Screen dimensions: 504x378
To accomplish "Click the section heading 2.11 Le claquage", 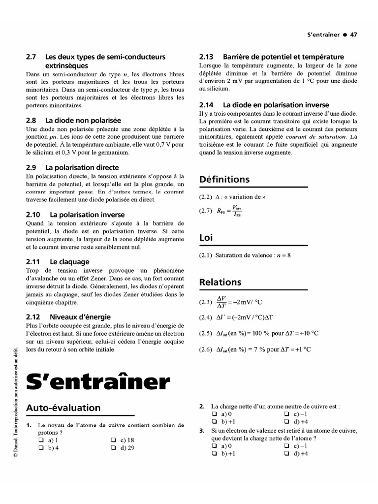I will pos(58,262).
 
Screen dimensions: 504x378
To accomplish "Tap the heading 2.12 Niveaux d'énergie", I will pos(68,316).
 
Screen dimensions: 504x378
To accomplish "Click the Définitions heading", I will pos(224,180).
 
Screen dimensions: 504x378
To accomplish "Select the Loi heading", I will pos(206,238).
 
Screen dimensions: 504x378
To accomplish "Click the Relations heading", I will pos(220,282).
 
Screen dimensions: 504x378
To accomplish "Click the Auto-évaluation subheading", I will pos(63,408).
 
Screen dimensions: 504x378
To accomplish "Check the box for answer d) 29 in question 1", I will pos(114,448).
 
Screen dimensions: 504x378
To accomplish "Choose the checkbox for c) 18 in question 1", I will pos(114,440).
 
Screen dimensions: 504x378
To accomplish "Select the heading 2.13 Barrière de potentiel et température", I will pos(272,57).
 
